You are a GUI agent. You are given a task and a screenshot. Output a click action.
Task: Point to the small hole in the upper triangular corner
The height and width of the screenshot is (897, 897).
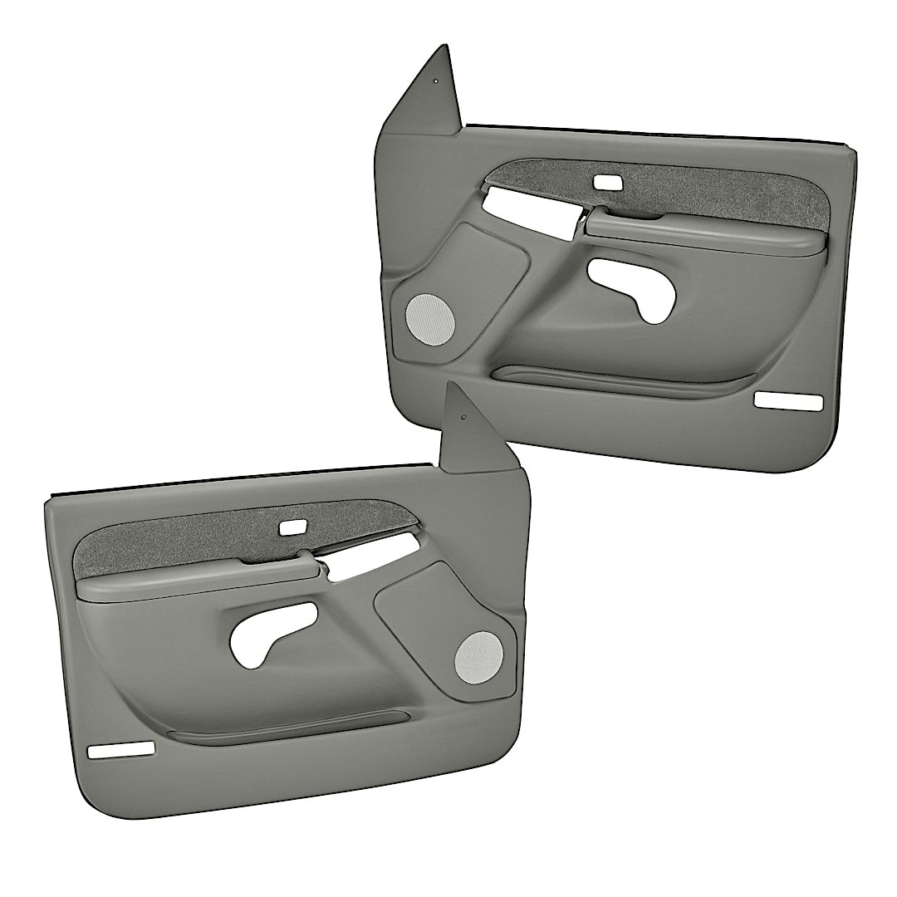434,81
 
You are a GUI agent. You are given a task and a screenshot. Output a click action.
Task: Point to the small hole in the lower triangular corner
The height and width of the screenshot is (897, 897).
463,418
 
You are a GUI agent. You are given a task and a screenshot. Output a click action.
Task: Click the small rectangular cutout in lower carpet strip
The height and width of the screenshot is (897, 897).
292,527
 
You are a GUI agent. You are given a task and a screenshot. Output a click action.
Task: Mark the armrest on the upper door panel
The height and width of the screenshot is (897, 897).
706,233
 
